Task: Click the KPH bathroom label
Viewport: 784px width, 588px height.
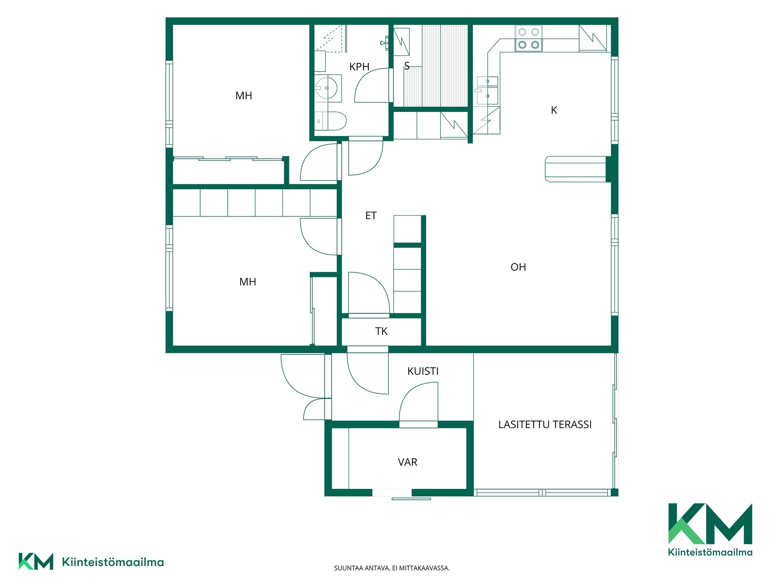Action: (359, 67)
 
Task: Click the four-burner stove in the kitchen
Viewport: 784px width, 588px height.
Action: (529, 38)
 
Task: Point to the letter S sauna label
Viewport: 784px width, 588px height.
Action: (407, 66)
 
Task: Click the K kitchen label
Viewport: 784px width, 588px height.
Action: (554, 110)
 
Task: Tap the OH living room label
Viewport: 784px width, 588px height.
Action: (518, 267)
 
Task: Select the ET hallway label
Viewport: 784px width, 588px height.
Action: (371, 216)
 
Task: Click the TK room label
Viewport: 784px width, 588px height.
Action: (381, 331)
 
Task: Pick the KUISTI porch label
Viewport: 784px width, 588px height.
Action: (423, 371)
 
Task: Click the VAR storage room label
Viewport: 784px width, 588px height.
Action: (408, 462)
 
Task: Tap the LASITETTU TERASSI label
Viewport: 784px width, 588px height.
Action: (545, 425)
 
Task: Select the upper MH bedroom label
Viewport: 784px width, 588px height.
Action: (244, 96)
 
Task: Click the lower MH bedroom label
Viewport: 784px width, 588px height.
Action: (248, 282)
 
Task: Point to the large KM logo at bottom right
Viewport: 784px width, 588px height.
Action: (710, 530)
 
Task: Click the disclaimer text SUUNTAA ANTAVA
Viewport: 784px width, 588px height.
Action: (392, 568)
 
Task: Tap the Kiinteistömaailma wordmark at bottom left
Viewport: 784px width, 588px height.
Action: (113, 562)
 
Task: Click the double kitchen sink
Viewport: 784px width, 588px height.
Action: (487, 90)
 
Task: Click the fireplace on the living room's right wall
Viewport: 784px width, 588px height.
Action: (576, 169)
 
